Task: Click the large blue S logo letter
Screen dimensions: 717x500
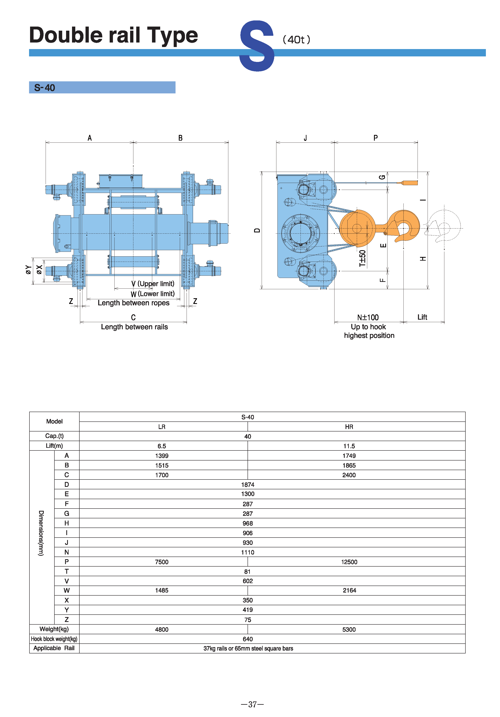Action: click(257, 46)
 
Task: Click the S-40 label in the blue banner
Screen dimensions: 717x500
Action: click(44, 88)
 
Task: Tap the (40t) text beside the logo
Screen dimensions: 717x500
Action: click(296, 40)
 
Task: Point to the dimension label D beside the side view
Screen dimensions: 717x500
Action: click(257, 231)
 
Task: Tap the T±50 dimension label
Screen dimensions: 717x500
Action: click(362, 258)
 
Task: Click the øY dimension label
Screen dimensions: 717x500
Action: click(28, 270)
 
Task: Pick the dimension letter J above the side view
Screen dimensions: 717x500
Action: click(305, 138)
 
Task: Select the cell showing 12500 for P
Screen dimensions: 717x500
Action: click(349, 562)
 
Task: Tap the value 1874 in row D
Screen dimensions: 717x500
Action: click(248, 485)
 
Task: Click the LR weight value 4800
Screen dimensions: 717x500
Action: click(162, 630)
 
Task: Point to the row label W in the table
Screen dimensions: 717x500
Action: click(66, 590)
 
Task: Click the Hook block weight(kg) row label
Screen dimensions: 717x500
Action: click(54, 639)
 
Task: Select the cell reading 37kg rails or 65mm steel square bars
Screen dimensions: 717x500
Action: click(248, 649)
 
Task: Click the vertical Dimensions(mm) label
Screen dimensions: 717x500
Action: click(41, 533)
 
